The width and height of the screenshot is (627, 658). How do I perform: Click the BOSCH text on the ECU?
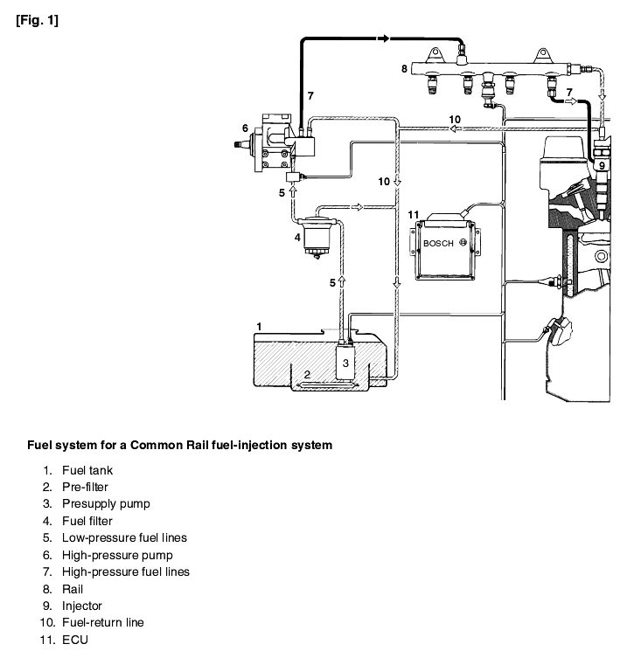[438, 244]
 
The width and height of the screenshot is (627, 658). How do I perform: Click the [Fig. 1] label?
[38, 20]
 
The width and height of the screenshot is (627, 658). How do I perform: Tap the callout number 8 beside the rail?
[404, 69]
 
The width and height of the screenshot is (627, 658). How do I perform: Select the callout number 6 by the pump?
[245, 128]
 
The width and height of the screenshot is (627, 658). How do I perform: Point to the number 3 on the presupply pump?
[345, 363]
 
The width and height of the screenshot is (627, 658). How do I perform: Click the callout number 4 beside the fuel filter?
[297, 238]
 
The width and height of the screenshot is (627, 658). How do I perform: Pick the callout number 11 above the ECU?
[414, 215]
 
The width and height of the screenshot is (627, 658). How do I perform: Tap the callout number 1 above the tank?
[259, 327]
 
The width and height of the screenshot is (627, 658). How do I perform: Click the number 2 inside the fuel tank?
[307, 374]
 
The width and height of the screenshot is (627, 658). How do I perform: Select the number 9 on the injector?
[602, 166]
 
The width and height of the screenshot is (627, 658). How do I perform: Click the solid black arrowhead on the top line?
[383, 38]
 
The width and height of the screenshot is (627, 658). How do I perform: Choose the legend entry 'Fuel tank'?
[87, 470]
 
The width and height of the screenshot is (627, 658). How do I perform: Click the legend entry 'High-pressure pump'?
[117, 555]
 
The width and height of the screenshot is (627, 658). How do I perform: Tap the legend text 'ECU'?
[75, 640]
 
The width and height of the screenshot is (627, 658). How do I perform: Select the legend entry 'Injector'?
[82, 606]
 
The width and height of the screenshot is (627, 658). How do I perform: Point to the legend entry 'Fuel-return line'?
[103, 622]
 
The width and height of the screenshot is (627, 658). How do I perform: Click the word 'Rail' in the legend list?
[73, 589]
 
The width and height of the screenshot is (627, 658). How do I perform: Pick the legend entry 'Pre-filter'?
[85, 488]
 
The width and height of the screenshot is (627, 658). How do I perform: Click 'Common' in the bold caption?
[152, 445]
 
